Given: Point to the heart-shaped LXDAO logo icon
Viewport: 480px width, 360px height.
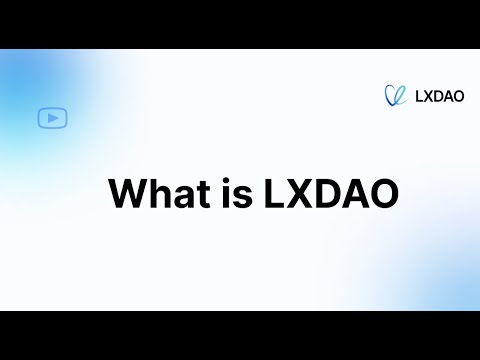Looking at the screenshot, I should click(396, 95).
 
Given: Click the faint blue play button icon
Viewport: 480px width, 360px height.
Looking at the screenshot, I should click(52, 118).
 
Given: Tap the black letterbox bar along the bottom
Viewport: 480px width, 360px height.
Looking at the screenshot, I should click(240, 335).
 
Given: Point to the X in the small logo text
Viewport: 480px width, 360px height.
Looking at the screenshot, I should click(428, 96).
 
